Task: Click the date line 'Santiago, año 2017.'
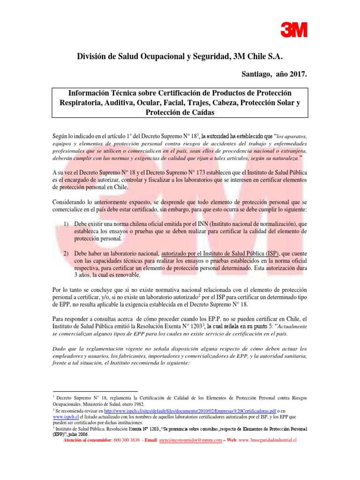pyautogui.click(x=274, y=74)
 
